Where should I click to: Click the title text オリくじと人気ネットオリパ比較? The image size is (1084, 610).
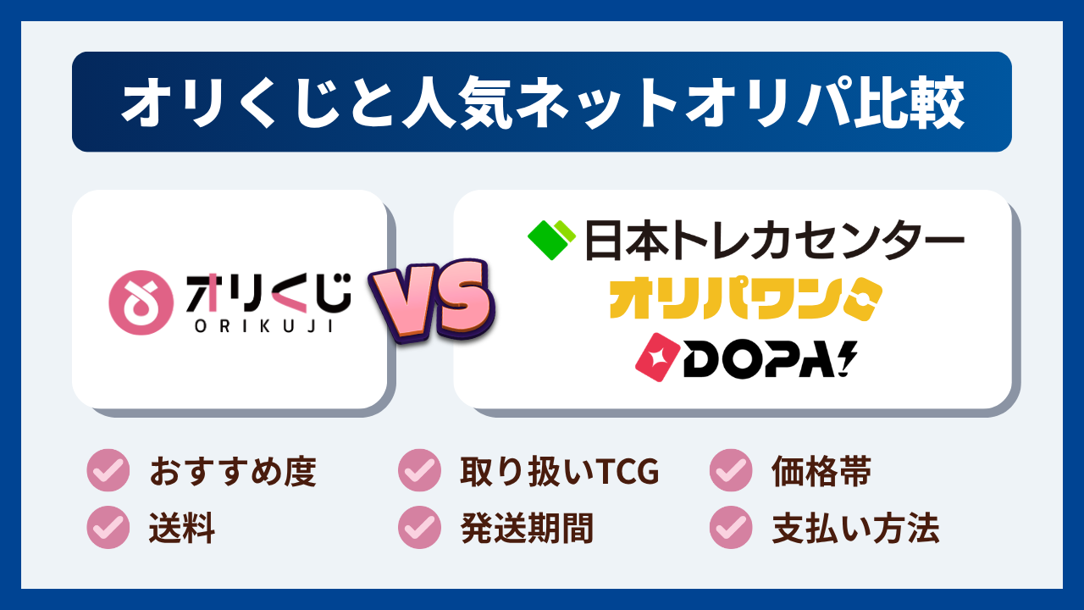542,103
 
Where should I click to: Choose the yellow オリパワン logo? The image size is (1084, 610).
745,298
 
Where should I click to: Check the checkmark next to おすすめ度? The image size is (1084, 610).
108,471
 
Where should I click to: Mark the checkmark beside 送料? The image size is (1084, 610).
108,528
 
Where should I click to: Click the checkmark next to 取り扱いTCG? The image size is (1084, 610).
419,471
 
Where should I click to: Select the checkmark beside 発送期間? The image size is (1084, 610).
419,528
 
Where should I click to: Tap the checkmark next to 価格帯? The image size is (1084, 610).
731,471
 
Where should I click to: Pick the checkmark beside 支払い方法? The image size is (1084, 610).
731,528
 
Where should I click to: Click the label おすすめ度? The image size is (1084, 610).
233,472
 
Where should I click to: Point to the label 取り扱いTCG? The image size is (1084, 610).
559,472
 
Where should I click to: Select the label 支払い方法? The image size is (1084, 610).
855,529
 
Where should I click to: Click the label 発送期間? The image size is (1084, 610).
527,529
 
